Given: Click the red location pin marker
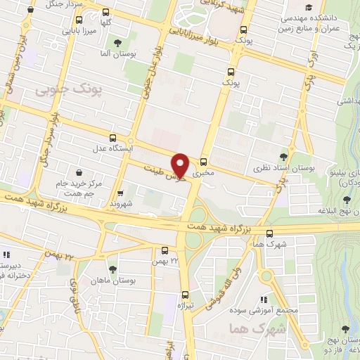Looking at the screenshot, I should point(181,164).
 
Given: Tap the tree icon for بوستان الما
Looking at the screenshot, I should point(127,44).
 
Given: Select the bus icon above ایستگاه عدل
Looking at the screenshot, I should point(113,138).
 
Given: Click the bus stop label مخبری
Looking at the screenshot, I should point(203,171).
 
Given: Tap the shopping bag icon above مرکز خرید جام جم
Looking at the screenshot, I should point(77,172).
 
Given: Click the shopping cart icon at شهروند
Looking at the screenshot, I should point(120,192).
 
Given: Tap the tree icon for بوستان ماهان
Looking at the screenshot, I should point(112,269).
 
